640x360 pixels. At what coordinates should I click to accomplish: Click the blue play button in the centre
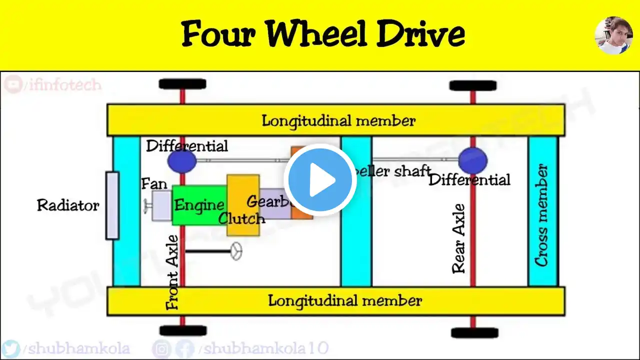tap(320, 180)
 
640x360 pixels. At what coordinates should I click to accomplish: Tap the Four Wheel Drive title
tap(323, 34)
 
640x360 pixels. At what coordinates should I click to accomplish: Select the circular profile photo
tap(613, 35)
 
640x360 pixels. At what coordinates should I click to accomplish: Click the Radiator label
tap(68, 205)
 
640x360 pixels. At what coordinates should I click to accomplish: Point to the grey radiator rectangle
tap(112, 205)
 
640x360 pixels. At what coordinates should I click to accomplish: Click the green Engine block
tap(198, 205)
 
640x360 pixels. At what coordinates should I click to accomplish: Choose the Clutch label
tap(241, 218)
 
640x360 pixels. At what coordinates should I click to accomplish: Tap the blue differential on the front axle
tap(182, 161)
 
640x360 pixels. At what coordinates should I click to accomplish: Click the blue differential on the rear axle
tap(472, 160)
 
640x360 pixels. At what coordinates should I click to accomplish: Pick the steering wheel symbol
tap(236, 251)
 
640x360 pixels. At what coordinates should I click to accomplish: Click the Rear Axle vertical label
tap(459, 238)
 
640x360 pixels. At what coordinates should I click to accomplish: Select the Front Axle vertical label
tap(172, 272)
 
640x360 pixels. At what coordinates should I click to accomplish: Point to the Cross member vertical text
tap(542, 215)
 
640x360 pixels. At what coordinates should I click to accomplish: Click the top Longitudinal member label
tap(338, 120)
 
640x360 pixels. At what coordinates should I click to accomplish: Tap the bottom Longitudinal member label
tap(345, 300)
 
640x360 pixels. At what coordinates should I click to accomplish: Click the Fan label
tap(154, 184)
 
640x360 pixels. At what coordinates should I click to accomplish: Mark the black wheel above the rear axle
tap(472, 85)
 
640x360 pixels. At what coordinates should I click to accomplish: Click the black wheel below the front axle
tap(183, 330)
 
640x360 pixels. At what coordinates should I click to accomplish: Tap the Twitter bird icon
tap(11, 348)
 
